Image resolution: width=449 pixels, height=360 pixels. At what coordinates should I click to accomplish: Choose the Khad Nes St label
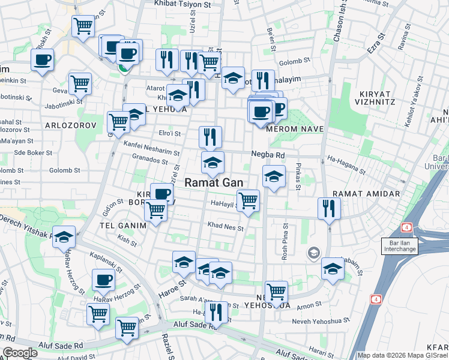[225, 228]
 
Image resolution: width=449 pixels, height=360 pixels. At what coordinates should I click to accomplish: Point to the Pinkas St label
[297, 174]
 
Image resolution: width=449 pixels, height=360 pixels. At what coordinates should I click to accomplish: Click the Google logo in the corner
[20, 353]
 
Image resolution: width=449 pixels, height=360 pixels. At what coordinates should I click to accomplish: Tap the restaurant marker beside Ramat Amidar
[329, 208]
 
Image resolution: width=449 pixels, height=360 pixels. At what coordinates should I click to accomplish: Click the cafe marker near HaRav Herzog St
[104, 279]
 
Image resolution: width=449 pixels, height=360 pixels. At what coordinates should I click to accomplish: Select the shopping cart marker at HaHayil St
[248, 199]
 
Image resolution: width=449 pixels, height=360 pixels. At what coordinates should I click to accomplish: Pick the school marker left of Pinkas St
[274, 176]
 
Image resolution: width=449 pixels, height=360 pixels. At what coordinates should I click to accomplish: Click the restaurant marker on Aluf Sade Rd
[216, 311]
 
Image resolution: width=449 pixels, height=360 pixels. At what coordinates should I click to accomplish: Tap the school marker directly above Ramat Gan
[212, 162]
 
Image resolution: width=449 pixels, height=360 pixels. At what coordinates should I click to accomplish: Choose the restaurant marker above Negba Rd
[210, 137]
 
